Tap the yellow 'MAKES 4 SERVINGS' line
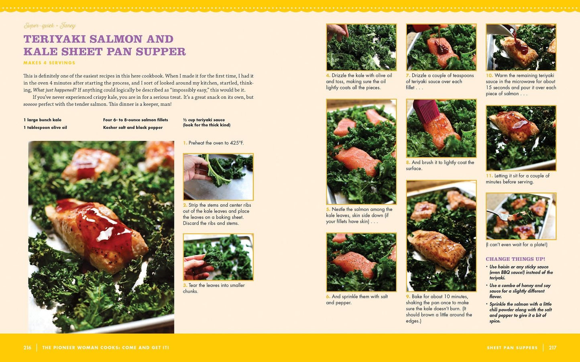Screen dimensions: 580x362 (49, 63)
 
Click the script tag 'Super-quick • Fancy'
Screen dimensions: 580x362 (49, 25)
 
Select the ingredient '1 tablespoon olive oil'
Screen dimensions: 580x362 (45, 127)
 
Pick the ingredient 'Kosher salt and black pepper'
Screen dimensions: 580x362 (133, 127)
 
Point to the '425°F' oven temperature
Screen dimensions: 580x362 (237, 143)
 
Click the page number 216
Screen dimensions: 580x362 (27, 348)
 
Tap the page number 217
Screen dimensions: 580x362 (553, 348)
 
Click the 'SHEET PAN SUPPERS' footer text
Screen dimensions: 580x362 (512, 348)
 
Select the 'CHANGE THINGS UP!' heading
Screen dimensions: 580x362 (515, 259)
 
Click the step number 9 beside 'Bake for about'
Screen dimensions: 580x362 (408, 297)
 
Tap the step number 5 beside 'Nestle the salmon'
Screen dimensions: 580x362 (328, 209)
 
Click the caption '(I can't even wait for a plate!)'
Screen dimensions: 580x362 (516, 244)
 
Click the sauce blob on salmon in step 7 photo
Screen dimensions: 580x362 (441, 48)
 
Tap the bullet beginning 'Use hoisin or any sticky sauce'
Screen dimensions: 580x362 (521, 272)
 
